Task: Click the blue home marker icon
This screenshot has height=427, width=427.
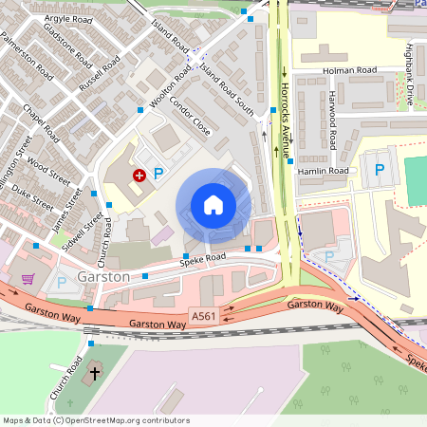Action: (213, 205)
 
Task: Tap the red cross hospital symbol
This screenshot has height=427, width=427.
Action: (139, 175)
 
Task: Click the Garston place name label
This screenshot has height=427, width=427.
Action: (104, 277)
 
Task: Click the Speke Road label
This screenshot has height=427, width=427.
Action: (204, 258)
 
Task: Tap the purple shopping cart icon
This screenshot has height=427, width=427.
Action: (28, 279)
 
